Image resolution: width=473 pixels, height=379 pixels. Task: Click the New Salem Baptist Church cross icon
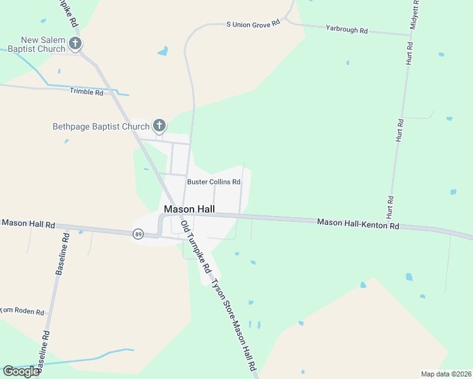pos(75,44)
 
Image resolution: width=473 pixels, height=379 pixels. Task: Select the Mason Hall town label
pos(189,209)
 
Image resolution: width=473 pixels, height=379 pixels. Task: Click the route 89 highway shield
pos(138,234)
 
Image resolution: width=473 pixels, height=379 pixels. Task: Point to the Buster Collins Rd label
pos(213,182)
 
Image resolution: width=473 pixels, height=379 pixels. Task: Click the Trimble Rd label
pos(87,92)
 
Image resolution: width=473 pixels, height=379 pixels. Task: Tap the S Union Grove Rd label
pos(253,24)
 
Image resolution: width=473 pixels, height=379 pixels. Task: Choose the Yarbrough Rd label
pos(347,29)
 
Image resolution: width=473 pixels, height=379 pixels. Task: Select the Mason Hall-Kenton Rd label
pos(358,223)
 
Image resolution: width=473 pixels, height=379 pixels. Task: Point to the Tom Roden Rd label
pos(22,311)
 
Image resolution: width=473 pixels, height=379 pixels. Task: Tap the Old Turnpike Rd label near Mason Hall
pos(195,246)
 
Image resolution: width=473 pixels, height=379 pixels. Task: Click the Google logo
pos(21,371)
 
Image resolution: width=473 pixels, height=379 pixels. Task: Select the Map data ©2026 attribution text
pos(446,374)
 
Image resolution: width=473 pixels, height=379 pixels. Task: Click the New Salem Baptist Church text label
pos(42,44)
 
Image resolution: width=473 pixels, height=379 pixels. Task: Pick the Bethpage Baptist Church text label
pos(101,126)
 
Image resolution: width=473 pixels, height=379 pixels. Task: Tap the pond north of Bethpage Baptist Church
pos(163,51)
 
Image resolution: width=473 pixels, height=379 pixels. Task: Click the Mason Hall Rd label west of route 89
pos(28,224)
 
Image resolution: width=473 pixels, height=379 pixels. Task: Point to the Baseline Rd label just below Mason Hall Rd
pos(61,254)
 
